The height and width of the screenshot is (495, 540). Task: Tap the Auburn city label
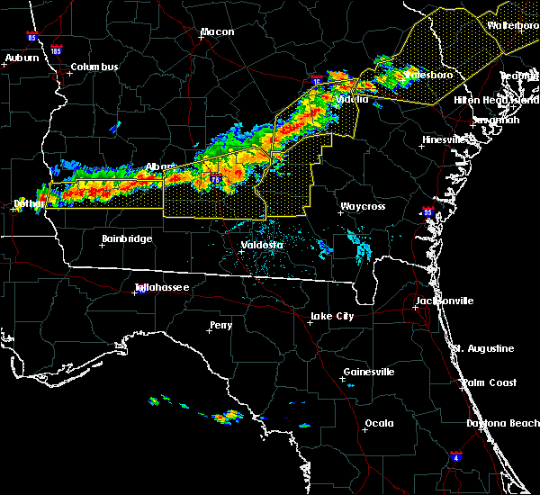[x=22, y=58]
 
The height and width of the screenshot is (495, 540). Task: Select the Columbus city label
[x=94, y=67]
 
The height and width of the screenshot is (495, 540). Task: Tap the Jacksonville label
[x=444, y=301]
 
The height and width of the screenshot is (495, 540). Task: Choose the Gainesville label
[x=368, y=373]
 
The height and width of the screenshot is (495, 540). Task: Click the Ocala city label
[x=379, y=423]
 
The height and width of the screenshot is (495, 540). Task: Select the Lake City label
[x=331, y=317]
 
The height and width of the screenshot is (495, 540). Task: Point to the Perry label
[x=220, y=325]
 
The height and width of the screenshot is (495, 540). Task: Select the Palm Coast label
[x=490, y=383]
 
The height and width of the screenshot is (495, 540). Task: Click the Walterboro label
[x=512, y=25]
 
